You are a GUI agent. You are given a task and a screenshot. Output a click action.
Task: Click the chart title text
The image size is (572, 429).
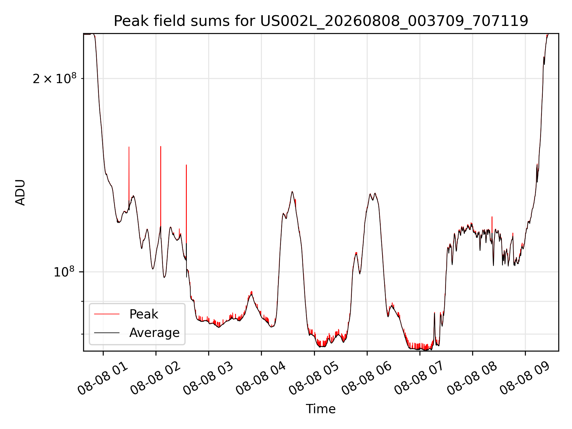(x=321, y=21)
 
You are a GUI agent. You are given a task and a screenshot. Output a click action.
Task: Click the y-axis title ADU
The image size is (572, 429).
(x=20, y=192)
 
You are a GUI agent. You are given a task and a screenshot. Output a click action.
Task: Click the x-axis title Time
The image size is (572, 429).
(x=321, y=409)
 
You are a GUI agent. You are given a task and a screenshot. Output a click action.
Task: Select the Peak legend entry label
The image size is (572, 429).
(x=144, y=314)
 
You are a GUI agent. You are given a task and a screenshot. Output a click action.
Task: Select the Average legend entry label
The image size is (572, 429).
(x=154, y=333)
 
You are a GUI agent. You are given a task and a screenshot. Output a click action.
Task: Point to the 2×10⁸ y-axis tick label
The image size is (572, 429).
(x=55, y=79)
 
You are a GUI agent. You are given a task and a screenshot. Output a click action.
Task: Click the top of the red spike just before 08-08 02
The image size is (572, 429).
(x=129, y=147)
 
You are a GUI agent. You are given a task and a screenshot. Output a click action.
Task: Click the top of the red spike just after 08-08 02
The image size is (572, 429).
(x=161, y=146)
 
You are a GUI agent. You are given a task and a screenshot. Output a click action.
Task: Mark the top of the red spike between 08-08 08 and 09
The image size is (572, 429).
(x=492, y=217)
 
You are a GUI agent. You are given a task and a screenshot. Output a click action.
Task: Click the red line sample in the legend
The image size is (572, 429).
(x=107, y=314)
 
